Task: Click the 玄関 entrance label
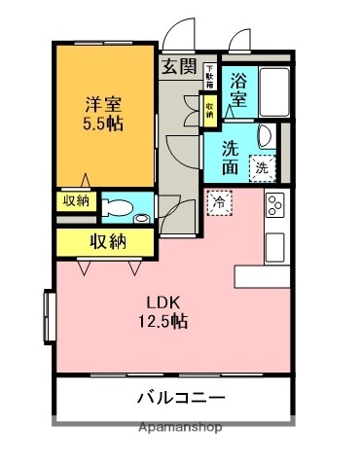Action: [x=179, y=66]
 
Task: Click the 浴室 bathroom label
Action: [x=239, y=89]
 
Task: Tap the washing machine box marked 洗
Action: [x=262, y=168]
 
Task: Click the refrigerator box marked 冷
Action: [x=220, y=203]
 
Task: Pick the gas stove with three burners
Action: [x=275, y=205]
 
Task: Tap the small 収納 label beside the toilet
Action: [x=75, y=201]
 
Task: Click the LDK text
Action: [x=162, y=302]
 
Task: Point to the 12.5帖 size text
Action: [x=162, y=321]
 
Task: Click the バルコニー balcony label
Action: [x=180, y=398]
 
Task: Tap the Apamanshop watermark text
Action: [x=180, y=427]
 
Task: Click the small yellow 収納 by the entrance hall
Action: [x=209, y=106]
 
